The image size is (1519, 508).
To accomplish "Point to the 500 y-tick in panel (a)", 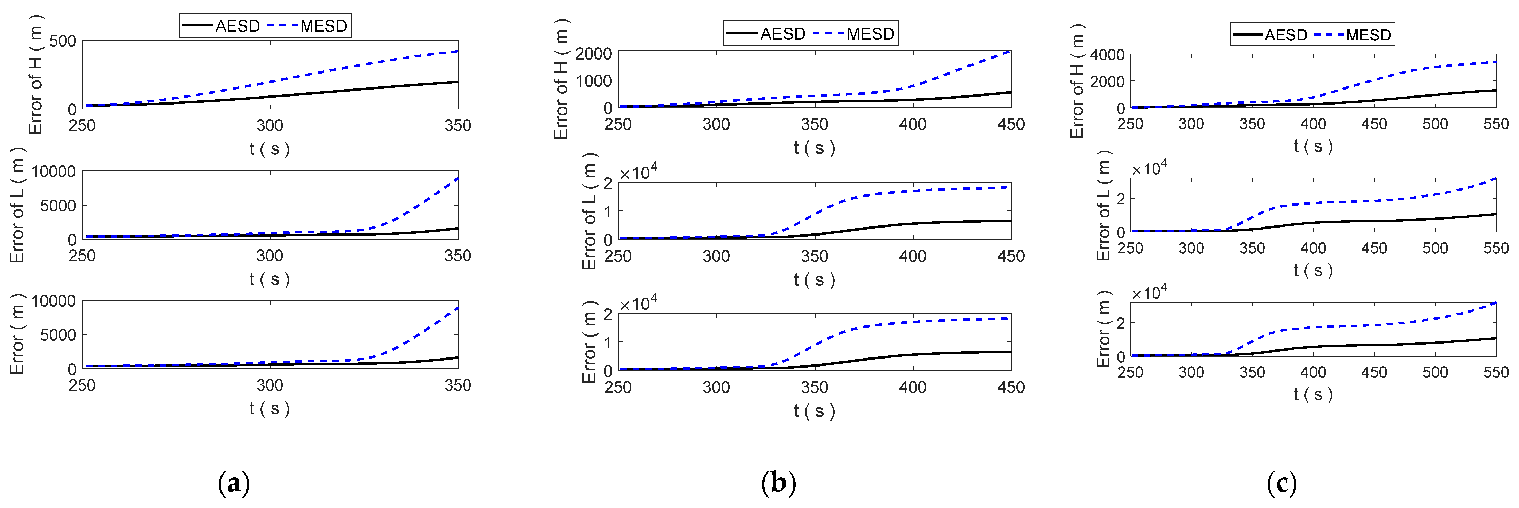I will point(62,41).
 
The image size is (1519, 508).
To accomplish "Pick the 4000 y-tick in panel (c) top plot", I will point(1107,55).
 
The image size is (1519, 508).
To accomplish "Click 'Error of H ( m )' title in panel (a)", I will point(36,75).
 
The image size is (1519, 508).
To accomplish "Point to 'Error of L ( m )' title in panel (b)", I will point(589,211).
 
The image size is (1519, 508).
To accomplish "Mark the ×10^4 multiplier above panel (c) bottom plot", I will point(1149,293).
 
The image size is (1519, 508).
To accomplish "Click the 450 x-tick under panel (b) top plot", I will point(1011,124).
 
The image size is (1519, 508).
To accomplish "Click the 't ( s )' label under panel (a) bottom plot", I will point(270,408).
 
